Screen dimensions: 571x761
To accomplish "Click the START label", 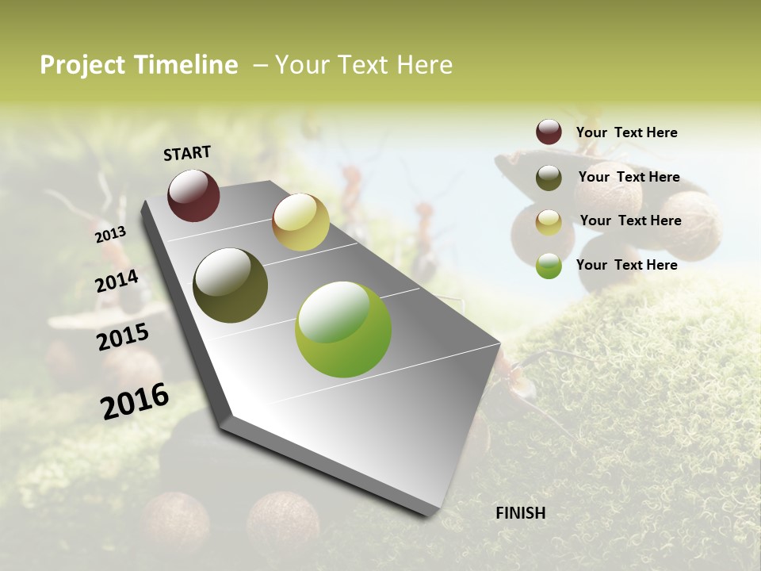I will click(x=187, y=153).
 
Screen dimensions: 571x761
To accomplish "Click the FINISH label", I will click(x=520, y=513).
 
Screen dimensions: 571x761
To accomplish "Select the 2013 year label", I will click(x=110, y=235).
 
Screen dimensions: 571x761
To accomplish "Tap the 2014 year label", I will click(x=117, y=282).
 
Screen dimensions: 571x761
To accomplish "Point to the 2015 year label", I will click(x=123, y=337).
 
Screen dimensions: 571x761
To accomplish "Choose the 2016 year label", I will click(x=135, y=400).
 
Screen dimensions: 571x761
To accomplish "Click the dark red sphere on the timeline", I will click(x=193, y=195).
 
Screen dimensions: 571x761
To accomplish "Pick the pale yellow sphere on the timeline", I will click(x=300, y=222).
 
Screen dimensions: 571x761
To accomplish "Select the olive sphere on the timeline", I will click(x=230, y=285).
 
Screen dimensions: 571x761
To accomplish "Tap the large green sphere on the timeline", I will click(x=343, y=329).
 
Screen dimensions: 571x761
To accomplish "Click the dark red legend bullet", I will click(x=549, y=132).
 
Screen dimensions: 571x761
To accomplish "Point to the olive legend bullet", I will click(x=549, y=178).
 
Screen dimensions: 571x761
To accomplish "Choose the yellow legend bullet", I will click(x=549, y=222).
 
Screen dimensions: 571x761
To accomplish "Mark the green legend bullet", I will click(x=549, y=266).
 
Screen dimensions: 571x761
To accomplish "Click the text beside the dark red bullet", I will click(x=626, y=132).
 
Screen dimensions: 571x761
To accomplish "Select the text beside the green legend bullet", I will click(x=626, y=265).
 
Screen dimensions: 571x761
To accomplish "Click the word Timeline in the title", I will click(x=185, y=65).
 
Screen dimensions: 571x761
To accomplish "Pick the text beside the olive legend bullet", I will click(x=629, y=177).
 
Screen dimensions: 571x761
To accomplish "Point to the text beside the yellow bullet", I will click(x=630, y=220).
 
